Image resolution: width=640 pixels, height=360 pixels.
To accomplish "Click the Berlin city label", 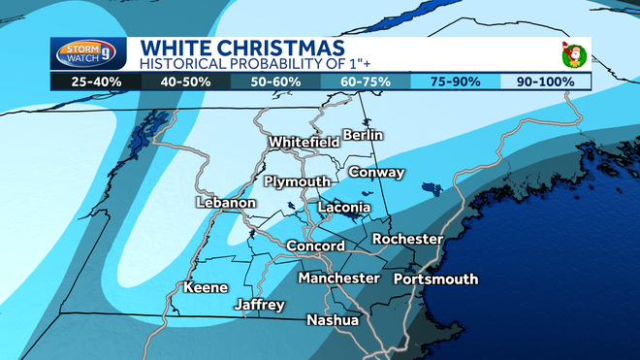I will (364, 134).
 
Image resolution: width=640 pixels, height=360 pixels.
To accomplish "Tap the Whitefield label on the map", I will (304, 142).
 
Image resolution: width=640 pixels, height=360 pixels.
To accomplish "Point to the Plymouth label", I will (297, 182).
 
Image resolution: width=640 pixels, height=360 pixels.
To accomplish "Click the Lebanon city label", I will (225, 203).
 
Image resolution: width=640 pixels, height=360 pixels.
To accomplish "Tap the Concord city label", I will (315, 246).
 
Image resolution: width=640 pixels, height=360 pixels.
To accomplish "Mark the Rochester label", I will (407, 239).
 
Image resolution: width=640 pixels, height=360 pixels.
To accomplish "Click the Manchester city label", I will (338, 278).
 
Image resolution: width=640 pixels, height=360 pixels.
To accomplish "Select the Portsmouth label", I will (436, 279).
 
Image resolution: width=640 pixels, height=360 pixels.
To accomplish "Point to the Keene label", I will (206, 287).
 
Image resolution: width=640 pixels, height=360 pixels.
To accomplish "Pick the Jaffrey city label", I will (260, 306).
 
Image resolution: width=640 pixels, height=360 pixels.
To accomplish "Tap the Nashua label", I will (333, 320).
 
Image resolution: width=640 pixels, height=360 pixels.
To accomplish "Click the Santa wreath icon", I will (571, 54).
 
